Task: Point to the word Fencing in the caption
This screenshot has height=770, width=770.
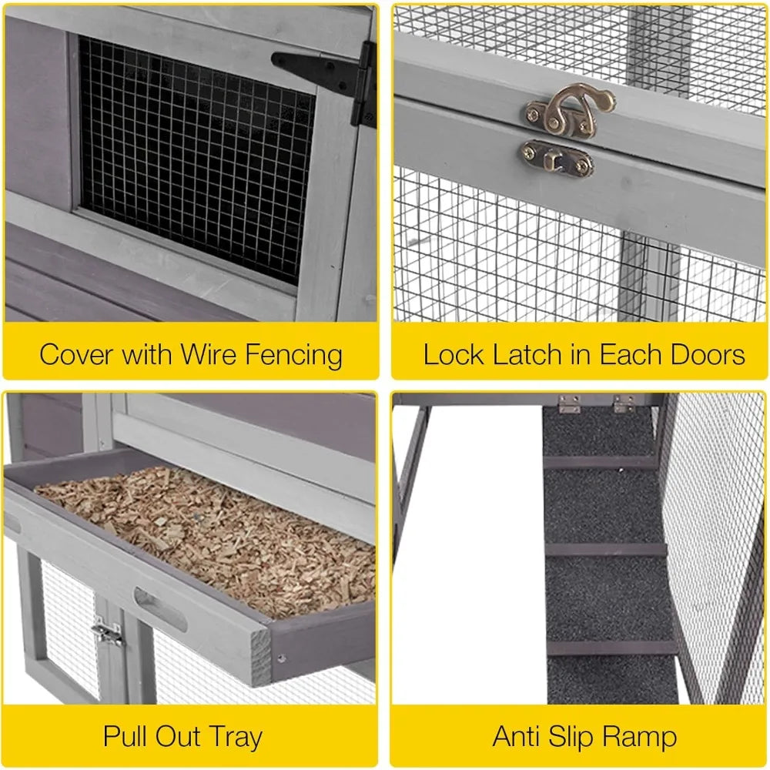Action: (294, 355)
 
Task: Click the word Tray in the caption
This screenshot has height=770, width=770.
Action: (231, 736)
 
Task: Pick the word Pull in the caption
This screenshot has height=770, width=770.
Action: (128, 736)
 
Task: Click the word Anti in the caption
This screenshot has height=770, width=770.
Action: (520, 736)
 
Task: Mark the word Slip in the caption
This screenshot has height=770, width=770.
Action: (578, 736)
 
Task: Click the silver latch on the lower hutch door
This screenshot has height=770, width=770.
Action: (108, 633)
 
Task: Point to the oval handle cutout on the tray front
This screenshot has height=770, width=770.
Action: (160, 608)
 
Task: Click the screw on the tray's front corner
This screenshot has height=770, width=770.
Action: (280, 659)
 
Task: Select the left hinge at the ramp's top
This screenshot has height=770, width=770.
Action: (569, 404)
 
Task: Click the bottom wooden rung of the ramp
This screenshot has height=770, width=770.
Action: (612, 648)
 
